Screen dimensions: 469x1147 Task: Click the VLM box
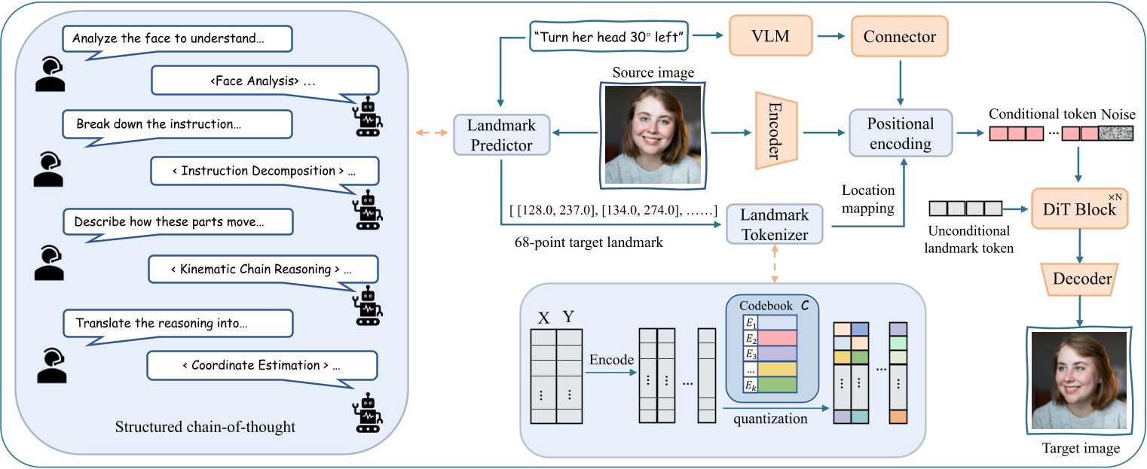click(x=766, y=37)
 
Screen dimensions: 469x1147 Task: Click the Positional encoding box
click(x=900, y=132)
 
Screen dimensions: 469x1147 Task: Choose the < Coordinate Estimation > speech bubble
click(x=262, y=365)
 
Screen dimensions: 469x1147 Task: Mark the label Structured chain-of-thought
click(x=205, y=428)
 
